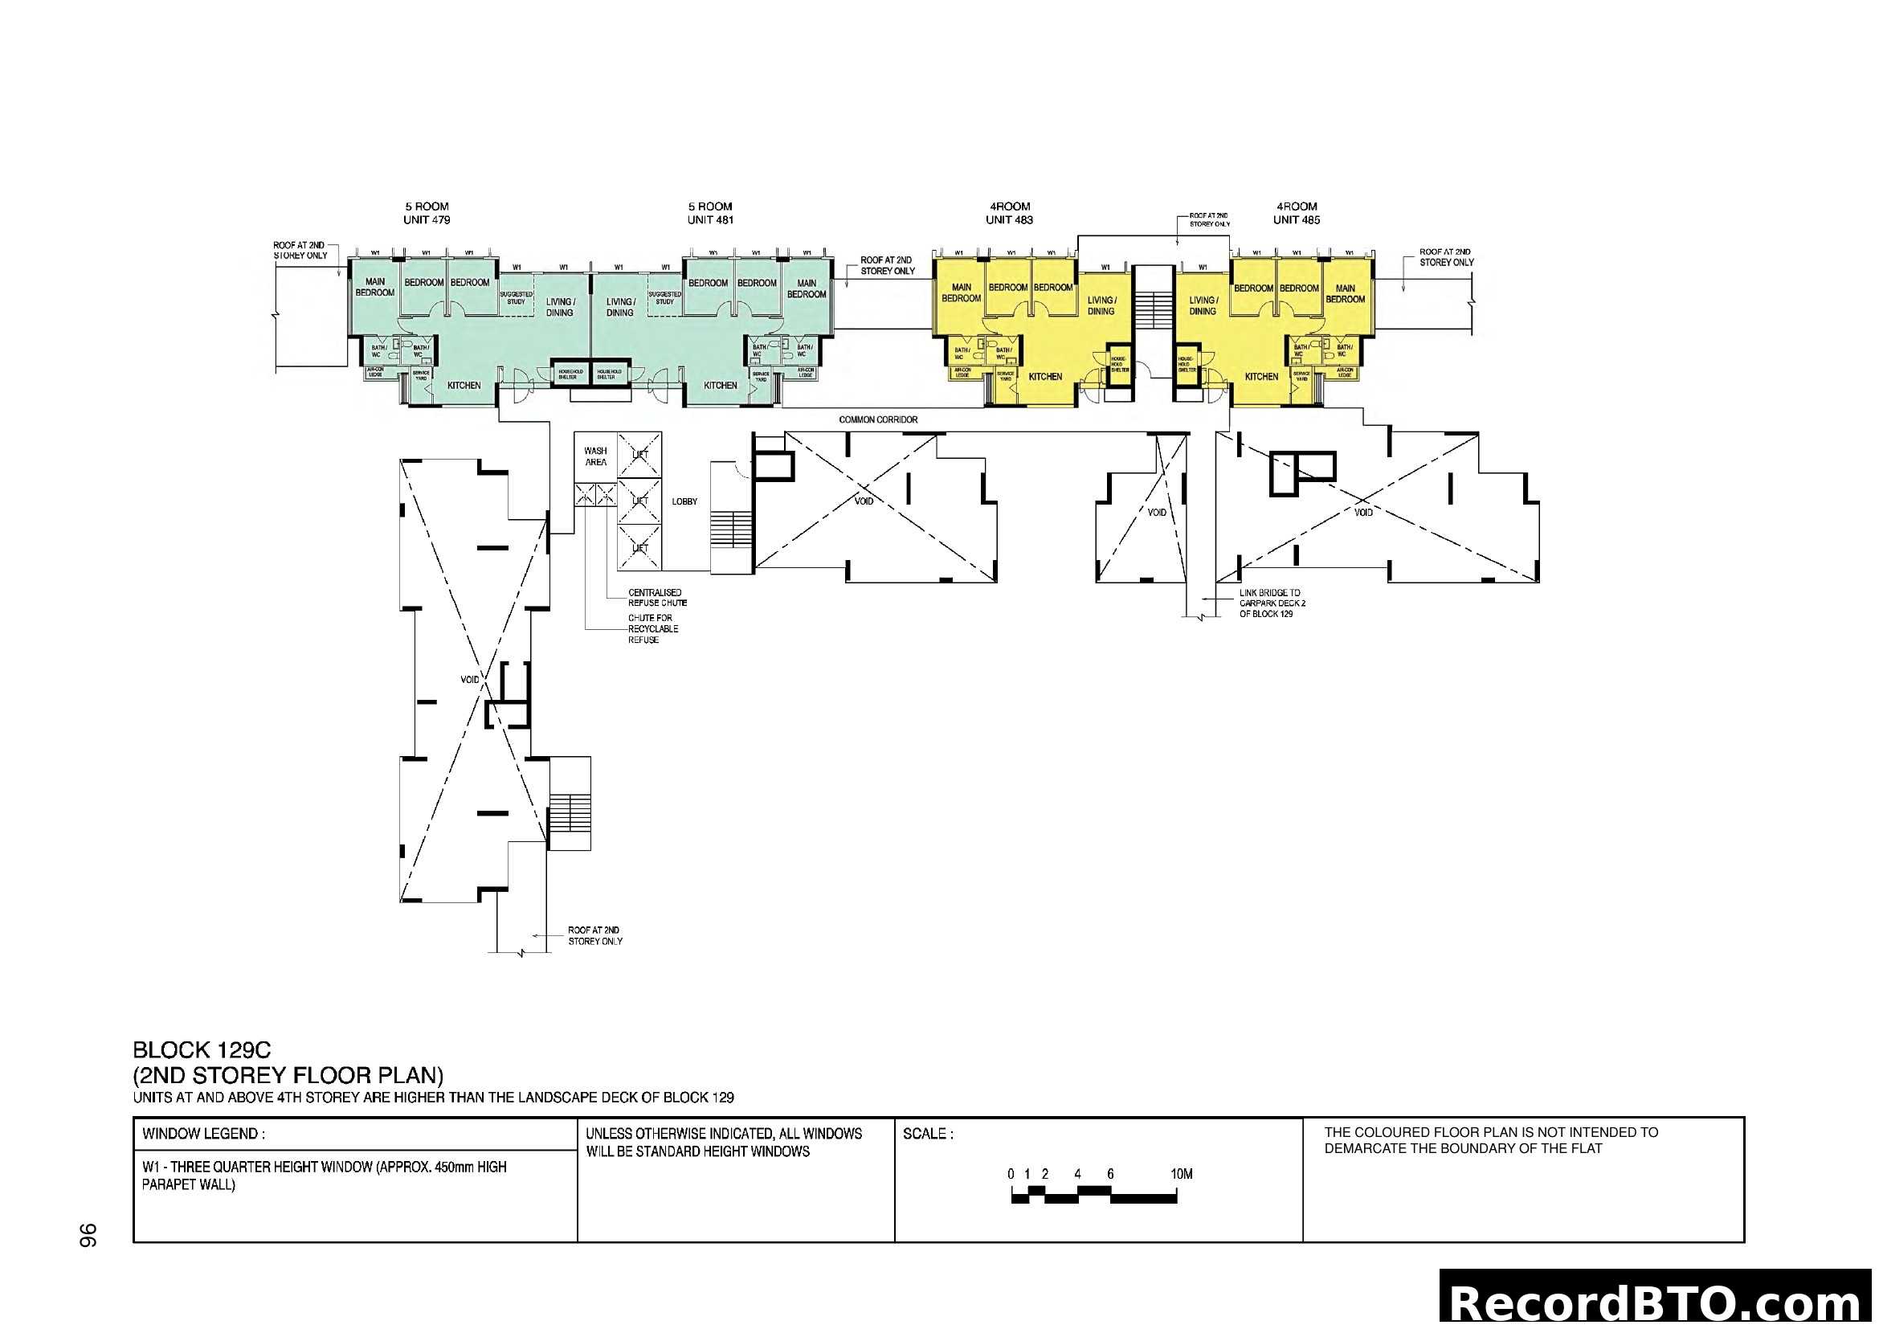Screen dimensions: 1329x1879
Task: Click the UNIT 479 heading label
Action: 427,220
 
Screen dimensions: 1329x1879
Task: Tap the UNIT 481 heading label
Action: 709,220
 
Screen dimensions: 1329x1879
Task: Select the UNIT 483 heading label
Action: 1009,220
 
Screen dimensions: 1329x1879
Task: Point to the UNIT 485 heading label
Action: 1297,220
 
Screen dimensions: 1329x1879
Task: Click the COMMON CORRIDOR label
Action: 878,419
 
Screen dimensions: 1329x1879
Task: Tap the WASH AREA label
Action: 596,456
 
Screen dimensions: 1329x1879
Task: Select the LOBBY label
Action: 684,501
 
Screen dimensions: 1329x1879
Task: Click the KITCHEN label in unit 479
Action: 464,386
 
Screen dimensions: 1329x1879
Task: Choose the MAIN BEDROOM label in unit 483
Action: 961,293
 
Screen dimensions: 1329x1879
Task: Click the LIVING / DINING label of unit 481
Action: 619,307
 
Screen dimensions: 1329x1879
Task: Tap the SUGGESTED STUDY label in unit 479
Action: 516,298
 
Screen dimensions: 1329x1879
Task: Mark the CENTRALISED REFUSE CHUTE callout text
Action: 657,597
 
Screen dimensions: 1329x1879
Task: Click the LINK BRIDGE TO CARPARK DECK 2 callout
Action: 1272,603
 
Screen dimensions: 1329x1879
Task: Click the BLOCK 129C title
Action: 202,1050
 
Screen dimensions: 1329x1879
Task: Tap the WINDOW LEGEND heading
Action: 203,1135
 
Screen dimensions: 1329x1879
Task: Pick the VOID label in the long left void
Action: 470,680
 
